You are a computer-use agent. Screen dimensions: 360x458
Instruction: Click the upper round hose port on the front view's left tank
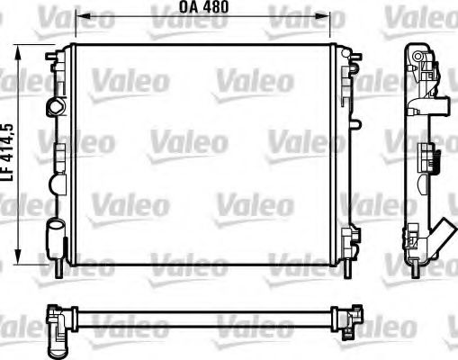[56, 105]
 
